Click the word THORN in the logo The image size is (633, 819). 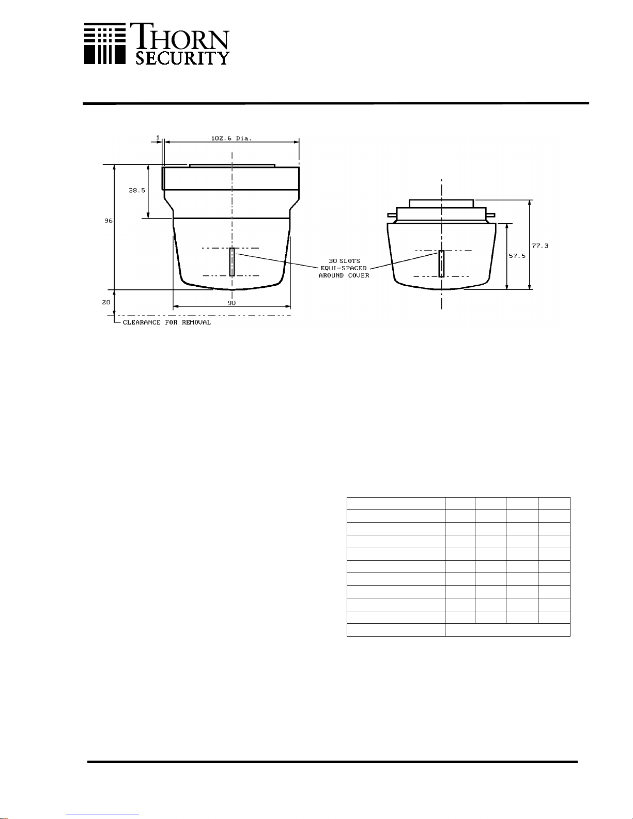point(180,37)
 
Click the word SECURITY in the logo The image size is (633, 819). point(182,58)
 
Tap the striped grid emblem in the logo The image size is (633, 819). point(105,43)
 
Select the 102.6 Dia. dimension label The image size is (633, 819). point(231,138)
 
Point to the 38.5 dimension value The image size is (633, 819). point(137,190)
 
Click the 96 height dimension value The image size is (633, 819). point(109,221)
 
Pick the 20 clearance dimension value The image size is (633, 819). point(106,302)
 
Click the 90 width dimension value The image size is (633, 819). point(231,303)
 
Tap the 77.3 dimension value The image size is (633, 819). point(540,245)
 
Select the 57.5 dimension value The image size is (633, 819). point(517,256)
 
